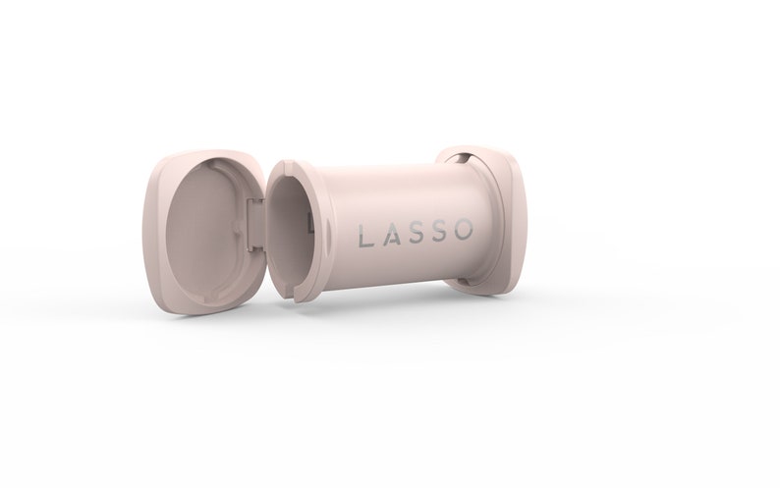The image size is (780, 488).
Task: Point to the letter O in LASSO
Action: point(467,234)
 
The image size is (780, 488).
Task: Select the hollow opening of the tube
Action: point(289,228)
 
